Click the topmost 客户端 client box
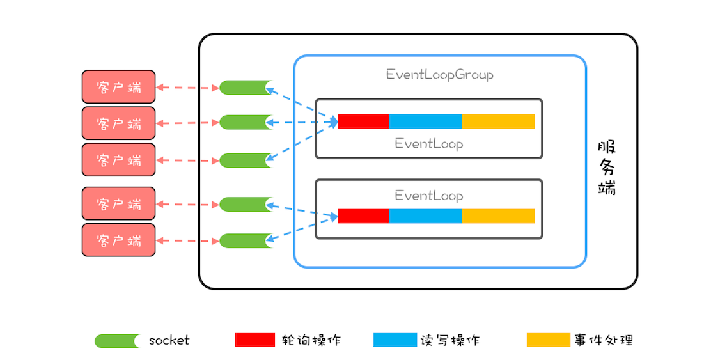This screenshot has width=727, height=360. click(118, 87)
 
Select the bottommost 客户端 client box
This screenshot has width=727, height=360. click(118, 240)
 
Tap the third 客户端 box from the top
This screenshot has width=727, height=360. click(118, 160)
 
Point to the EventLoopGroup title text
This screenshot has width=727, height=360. click(439, 75)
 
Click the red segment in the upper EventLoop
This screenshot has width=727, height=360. click(363, 121)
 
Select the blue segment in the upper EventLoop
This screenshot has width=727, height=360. click(425, 121)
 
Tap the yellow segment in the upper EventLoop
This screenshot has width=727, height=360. click(498, 121)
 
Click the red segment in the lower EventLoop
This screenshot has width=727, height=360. click(363, 216)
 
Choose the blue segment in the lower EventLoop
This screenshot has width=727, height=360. click(425, 216)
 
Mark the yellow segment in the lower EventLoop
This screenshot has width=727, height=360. click(498, 216)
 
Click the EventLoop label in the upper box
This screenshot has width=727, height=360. click(428, 144)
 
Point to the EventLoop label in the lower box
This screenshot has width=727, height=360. click(428, 196)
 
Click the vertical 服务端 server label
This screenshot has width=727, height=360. click(607, 168)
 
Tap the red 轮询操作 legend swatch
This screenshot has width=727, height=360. click(255, 340)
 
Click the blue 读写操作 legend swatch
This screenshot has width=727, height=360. click(394, 340)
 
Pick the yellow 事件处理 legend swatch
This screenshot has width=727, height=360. click(548, 340)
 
